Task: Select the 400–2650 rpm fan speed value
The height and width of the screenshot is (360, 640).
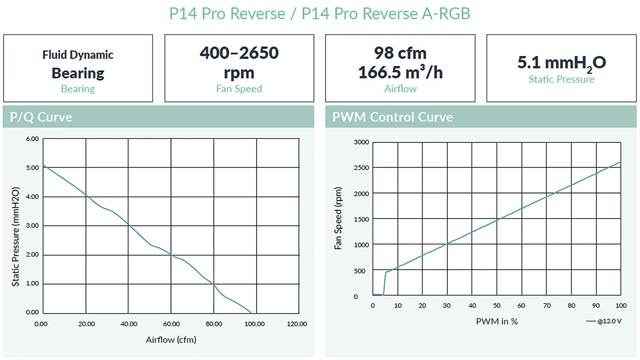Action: [x=239, y=53]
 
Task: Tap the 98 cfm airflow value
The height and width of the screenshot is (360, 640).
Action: [x=400, y=53]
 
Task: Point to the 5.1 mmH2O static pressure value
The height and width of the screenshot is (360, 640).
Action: [x=561, y=63]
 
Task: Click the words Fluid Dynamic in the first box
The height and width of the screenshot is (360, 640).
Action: [x=78, y=55]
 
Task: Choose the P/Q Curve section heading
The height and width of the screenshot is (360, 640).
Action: [x=41, y=117]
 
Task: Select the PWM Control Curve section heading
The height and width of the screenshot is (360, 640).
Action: [x=392, y=117]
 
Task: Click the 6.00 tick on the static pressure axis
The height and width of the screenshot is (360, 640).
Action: [x=32, y=139]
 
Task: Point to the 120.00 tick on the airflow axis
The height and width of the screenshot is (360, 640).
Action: [x=297, y=324]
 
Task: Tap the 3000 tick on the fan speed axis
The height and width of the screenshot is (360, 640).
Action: [x=361, y=142]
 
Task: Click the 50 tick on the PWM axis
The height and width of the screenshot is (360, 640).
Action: [x=497, y=305]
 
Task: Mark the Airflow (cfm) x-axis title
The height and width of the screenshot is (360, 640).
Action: [x=171, y=340]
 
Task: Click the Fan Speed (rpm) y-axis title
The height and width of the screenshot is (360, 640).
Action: [x=338, y=218]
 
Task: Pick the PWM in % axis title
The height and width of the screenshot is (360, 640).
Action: [x=496, y=321]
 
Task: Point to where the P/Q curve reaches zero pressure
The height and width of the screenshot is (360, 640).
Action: [x=251, y=312]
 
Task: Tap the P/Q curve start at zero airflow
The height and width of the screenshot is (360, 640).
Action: [x=43, y=165]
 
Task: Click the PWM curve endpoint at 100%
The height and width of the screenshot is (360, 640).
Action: [x=620, y=162]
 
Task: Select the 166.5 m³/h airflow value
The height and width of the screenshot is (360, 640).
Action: [x=400, y=73]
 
